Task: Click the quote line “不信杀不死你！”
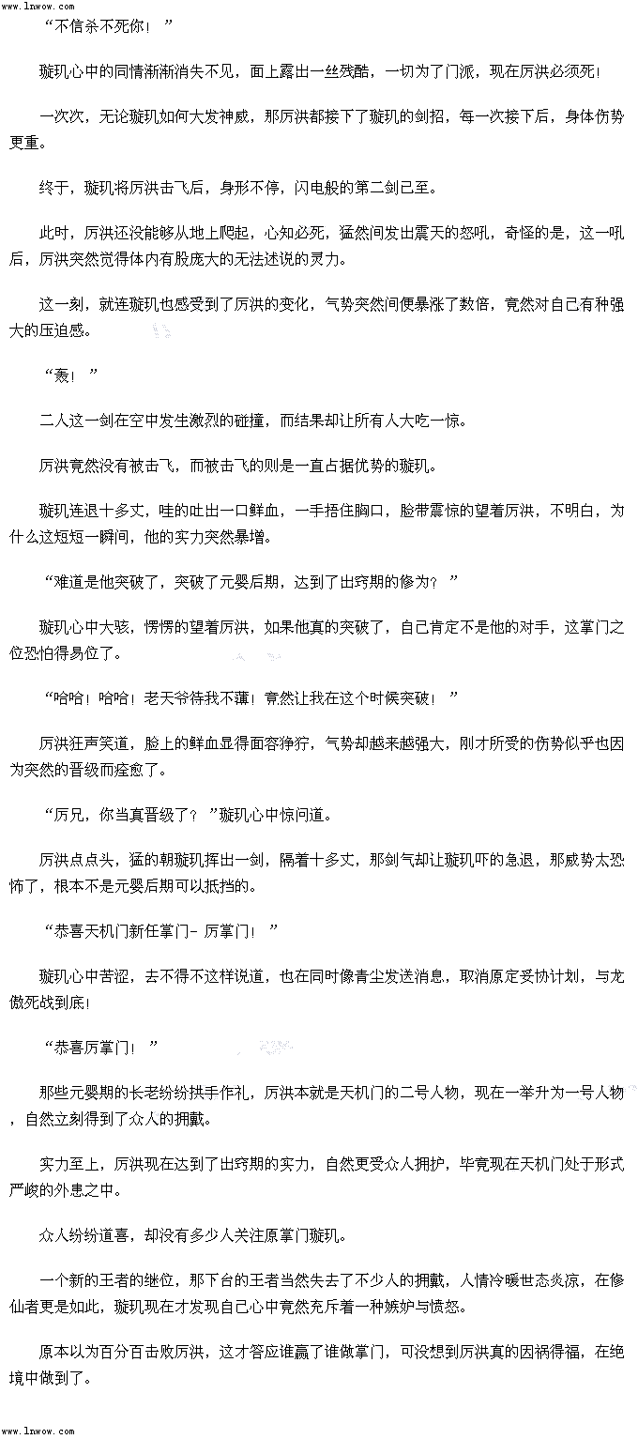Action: coord(109,26)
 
